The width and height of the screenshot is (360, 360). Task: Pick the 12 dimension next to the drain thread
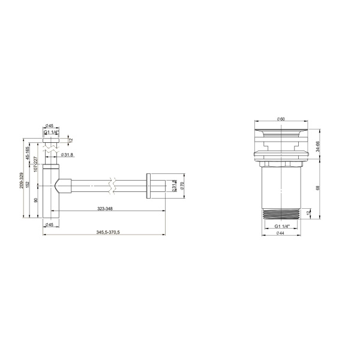[308, 213]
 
